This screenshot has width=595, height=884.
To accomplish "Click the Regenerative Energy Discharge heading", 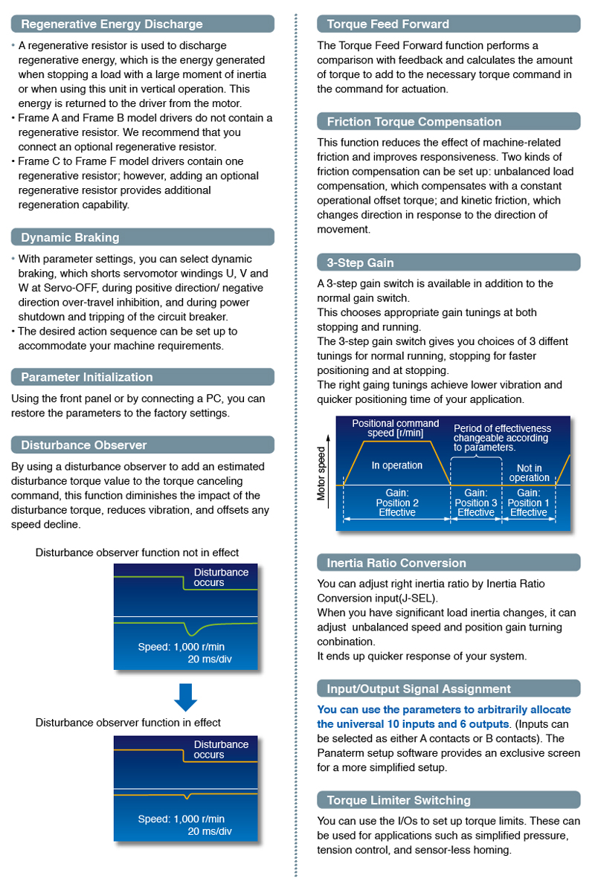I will tap(112, 25).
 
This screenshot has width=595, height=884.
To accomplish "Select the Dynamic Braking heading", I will tap(70, 238).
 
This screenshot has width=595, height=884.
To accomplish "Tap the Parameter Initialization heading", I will tap(86, 377).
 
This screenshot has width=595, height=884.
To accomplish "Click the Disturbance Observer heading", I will tap(83, 445).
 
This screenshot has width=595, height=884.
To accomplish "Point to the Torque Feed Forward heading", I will tap(388, 25).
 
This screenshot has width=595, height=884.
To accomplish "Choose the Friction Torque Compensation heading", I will tap(414, 122).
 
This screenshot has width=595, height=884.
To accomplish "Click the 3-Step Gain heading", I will tap(361, 262).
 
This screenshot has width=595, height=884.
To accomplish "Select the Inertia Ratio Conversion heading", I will tap(396, 563).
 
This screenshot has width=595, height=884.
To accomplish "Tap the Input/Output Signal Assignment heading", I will tap(419, 688).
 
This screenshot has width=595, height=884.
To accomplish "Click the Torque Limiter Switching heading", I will tap(399, 800).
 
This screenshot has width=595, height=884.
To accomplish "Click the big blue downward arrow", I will tap(185, 697).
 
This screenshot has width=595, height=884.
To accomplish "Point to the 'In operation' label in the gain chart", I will tap(396, 465).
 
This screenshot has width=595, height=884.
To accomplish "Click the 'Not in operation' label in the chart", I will tap(529, 473).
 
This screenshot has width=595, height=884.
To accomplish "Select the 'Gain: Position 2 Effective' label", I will tap(396, 503).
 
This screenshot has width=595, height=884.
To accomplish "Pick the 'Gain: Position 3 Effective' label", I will tap(475, 503).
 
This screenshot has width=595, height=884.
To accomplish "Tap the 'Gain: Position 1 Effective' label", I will tap(528, 503).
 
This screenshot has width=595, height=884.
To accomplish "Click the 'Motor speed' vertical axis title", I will tap(322, 473).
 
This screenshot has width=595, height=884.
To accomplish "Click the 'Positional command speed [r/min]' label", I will tap(395, 428).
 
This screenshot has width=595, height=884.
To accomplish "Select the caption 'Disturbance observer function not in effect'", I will tap(137, 552).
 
